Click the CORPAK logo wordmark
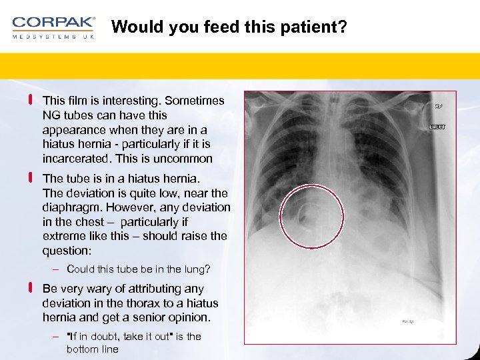[53, 23]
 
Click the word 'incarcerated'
[73, 159]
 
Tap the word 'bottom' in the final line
[82, 349]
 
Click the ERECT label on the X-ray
[437, 126]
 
